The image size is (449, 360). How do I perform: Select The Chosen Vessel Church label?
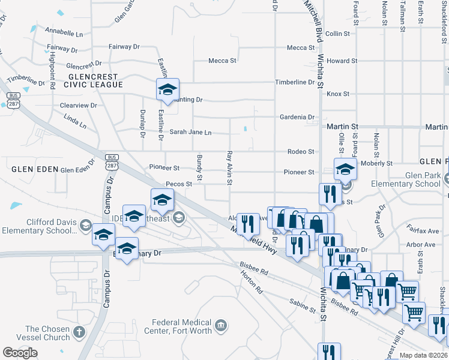[48, 333]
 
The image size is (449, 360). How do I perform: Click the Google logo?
[20, 353]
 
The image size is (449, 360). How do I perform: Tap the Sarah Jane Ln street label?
[190, 132]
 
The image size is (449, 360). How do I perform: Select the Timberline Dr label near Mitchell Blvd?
[295, 82]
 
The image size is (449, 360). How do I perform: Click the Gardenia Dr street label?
[297, 117]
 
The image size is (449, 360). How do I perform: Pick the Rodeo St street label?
[301, 152]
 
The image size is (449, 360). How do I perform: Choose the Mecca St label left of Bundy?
[222, 61]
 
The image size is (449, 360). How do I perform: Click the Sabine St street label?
[303, 307]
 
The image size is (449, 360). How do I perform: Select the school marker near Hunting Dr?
[167, 91]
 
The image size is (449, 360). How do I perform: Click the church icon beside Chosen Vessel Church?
[79, 332]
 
